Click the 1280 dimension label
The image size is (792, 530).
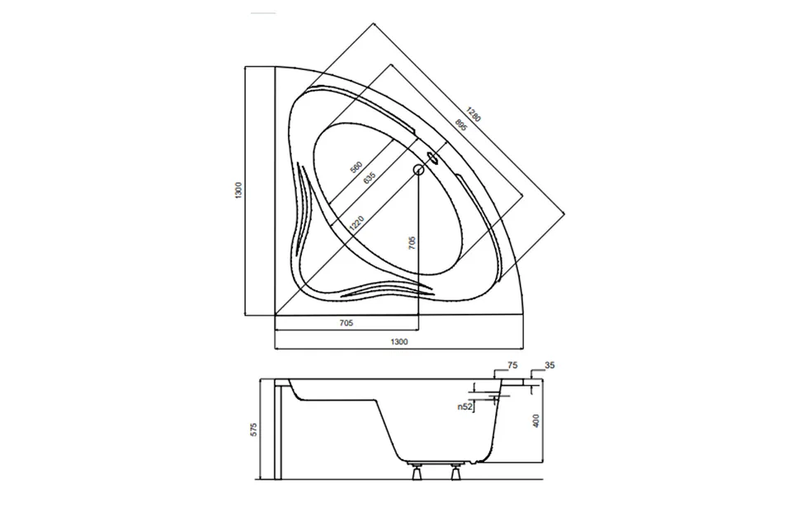click(474, 114)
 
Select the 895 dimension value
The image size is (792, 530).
click(460, 125)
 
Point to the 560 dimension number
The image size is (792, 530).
click(356, 167)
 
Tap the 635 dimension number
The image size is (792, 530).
click(370, 178)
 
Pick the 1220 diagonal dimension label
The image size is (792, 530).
click(356, 223)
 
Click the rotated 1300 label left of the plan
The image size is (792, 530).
click(239, 190)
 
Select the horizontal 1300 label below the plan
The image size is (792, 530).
click(399, 342)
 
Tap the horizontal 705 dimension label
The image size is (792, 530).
click(346, 323)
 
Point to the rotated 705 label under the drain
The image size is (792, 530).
click(412, 243)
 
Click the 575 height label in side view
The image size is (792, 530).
click(254, 429)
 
